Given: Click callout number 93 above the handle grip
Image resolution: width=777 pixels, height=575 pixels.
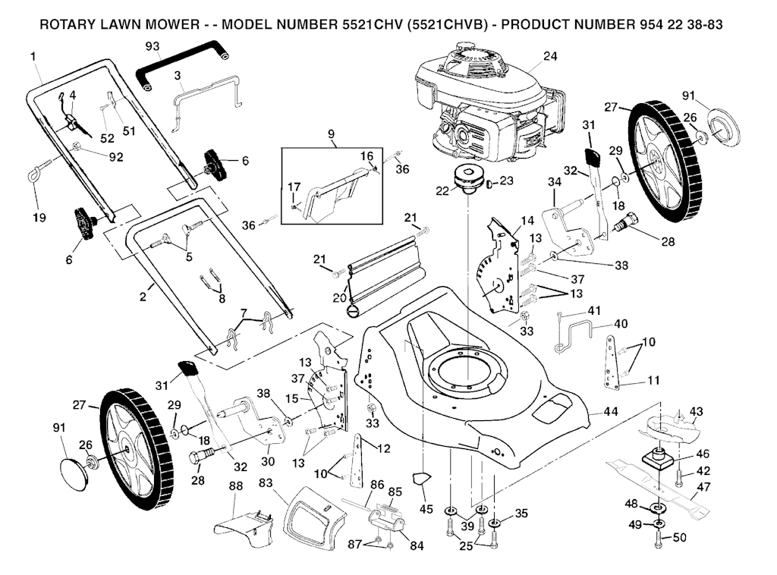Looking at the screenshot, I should click(x=153, y=47).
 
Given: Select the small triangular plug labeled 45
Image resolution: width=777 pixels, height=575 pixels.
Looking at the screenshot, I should click(x=421, y=479).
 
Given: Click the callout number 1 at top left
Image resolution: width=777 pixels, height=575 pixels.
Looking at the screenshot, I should click(x=33, y=55).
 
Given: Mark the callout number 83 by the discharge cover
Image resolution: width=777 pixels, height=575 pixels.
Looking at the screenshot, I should click(x=266, y=482).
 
